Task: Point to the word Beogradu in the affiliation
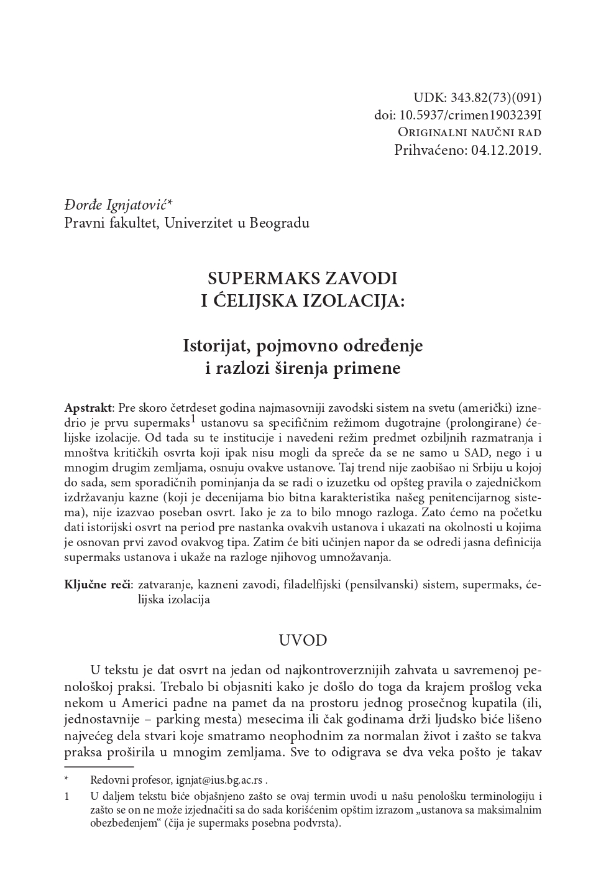point(279,222)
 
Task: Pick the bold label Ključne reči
point(97,585)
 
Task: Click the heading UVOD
point(302,640)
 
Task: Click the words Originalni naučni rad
point(469,132)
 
